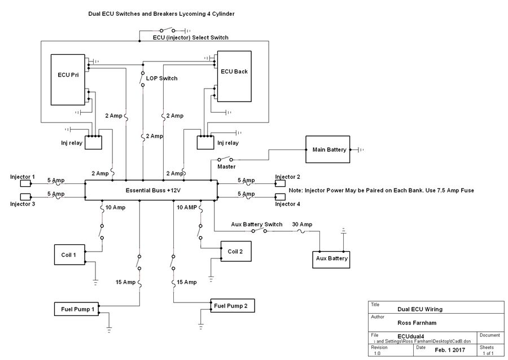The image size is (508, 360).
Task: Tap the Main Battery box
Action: [327, 150]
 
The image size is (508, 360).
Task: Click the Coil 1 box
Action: [69, 254]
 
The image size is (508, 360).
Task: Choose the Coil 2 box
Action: [235, 251]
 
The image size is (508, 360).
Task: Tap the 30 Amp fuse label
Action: [302, 225]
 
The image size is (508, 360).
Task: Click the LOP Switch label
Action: [162, 78]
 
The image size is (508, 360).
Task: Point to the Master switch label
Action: [226, 166]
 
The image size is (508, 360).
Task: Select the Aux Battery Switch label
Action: [256, 225]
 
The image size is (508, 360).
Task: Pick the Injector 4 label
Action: [287, 204]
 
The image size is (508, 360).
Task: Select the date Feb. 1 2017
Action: [450, 350]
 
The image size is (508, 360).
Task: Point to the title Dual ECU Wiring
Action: [419, 309]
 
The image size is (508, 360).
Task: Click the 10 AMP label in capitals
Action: [187, 208]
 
